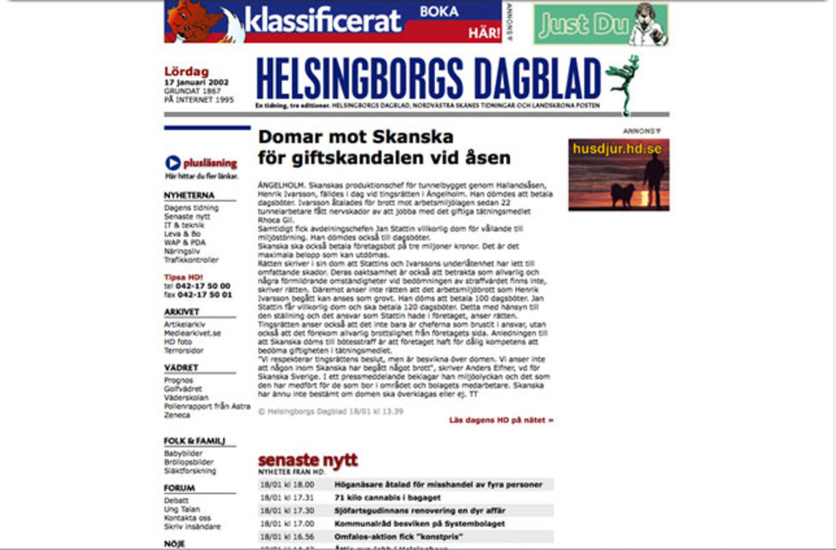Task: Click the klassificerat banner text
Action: [322, 20]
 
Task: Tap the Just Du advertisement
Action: [601, 25]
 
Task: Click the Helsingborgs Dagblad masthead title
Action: [428, 79]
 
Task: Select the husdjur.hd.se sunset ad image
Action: [618, 174]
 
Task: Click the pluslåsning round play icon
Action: [172, 162]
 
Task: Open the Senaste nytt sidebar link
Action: [186, 217]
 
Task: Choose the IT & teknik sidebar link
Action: [184, 225]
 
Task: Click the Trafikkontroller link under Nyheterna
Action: [192, 260]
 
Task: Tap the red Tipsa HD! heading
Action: [184, 278]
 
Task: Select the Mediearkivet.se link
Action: [193, 333]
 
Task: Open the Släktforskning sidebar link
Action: [190, 471]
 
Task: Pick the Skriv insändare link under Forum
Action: [192, 527]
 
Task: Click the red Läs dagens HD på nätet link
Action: [502, 420]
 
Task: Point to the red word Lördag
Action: [186, 72]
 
